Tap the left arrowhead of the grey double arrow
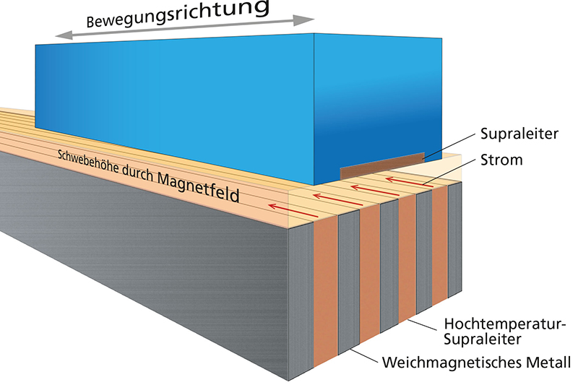pyautogui.click(x=60, y=37)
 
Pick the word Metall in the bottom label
pyautogui.click(x=550, y=361)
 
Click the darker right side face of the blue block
pyautogui.click(x=376, y=101)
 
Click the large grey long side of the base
pyautogui.click(x=144, y=260)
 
